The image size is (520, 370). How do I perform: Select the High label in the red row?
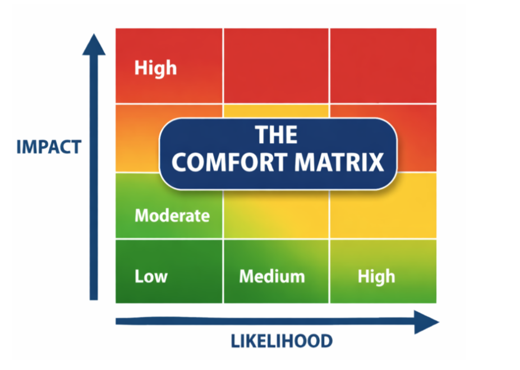[x=155, y=68]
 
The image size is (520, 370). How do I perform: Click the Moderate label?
[x=172, y=215]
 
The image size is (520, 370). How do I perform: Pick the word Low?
[x=150, y=276]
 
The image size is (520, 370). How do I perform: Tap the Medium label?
[x=272, y=276]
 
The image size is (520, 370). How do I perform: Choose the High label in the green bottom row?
[x=376, y=276]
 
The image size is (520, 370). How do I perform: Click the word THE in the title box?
[x=277, y=135]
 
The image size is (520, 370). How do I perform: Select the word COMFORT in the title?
[x=227, y=162]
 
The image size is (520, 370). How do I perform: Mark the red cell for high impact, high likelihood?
[x=383, y=66]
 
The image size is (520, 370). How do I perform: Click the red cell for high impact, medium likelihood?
[x=276, y=66]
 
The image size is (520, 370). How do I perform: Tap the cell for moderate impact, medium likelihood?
[x=276, y=216]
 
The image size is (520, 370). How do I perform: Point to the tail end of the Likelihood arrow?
[x=118, y=321]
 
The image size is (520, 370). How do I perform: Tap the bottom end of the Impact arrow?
[x=94, y=297]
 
